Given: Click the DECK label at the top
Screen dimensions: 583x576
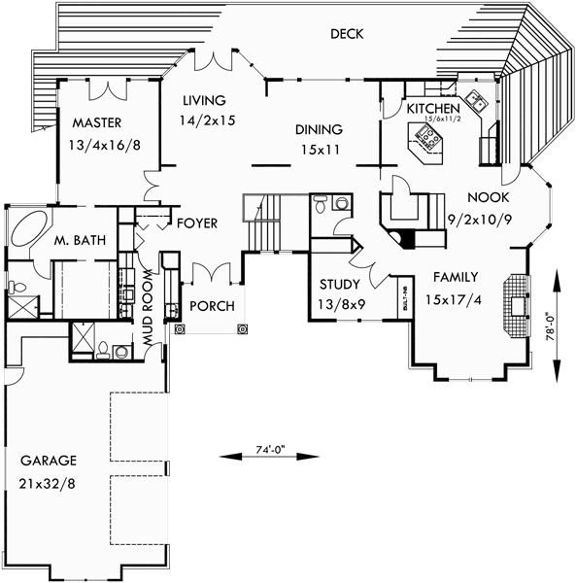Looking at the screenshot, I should click(346, 34).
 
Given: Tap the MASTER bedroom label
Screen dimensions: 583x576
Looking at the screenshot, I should click(95, 122).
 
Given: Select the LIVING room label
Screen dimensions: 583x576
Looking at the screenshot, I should click(203, 100).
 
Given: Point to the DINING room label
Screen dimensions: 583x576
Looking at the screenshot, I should click(320, 129).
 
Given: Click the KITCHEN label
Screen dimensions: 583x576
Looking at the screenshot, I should click(432, 108).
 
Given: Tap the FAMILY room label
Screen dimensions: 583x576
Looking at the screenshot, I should click(454, 276).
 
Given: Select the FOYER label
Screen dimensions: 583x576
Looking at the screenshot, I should click(197, 223).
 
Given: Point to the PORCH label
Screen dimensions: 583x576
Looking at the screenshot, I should click(211, 306).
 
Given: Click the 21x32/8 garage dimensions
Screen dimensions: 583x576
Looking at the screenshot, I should click(48, 483).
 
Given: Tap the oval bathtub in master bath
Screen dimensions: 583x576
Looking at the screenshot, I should click(28, 234).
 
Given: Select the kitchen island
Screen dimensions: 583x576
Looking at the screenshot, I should click(426, 147).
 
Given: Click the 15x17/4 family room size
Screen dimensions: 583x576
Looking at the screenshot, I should click(454, 299).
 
